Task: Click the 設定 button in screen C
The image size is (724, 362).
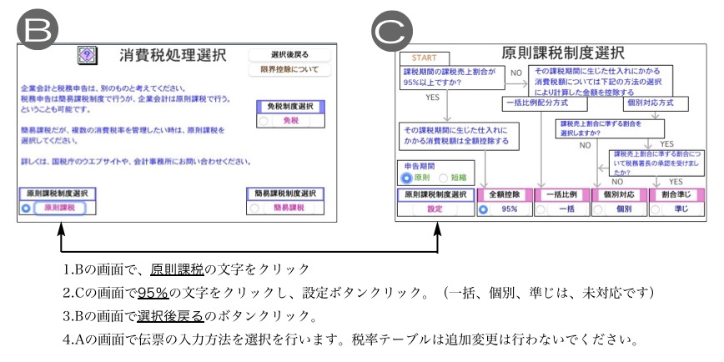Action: pos(435,209)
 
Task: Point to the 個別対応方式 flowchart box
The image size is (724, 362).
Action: pos(656,103)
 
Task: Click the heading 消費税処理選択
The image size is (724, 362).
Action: pos(172,56)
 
